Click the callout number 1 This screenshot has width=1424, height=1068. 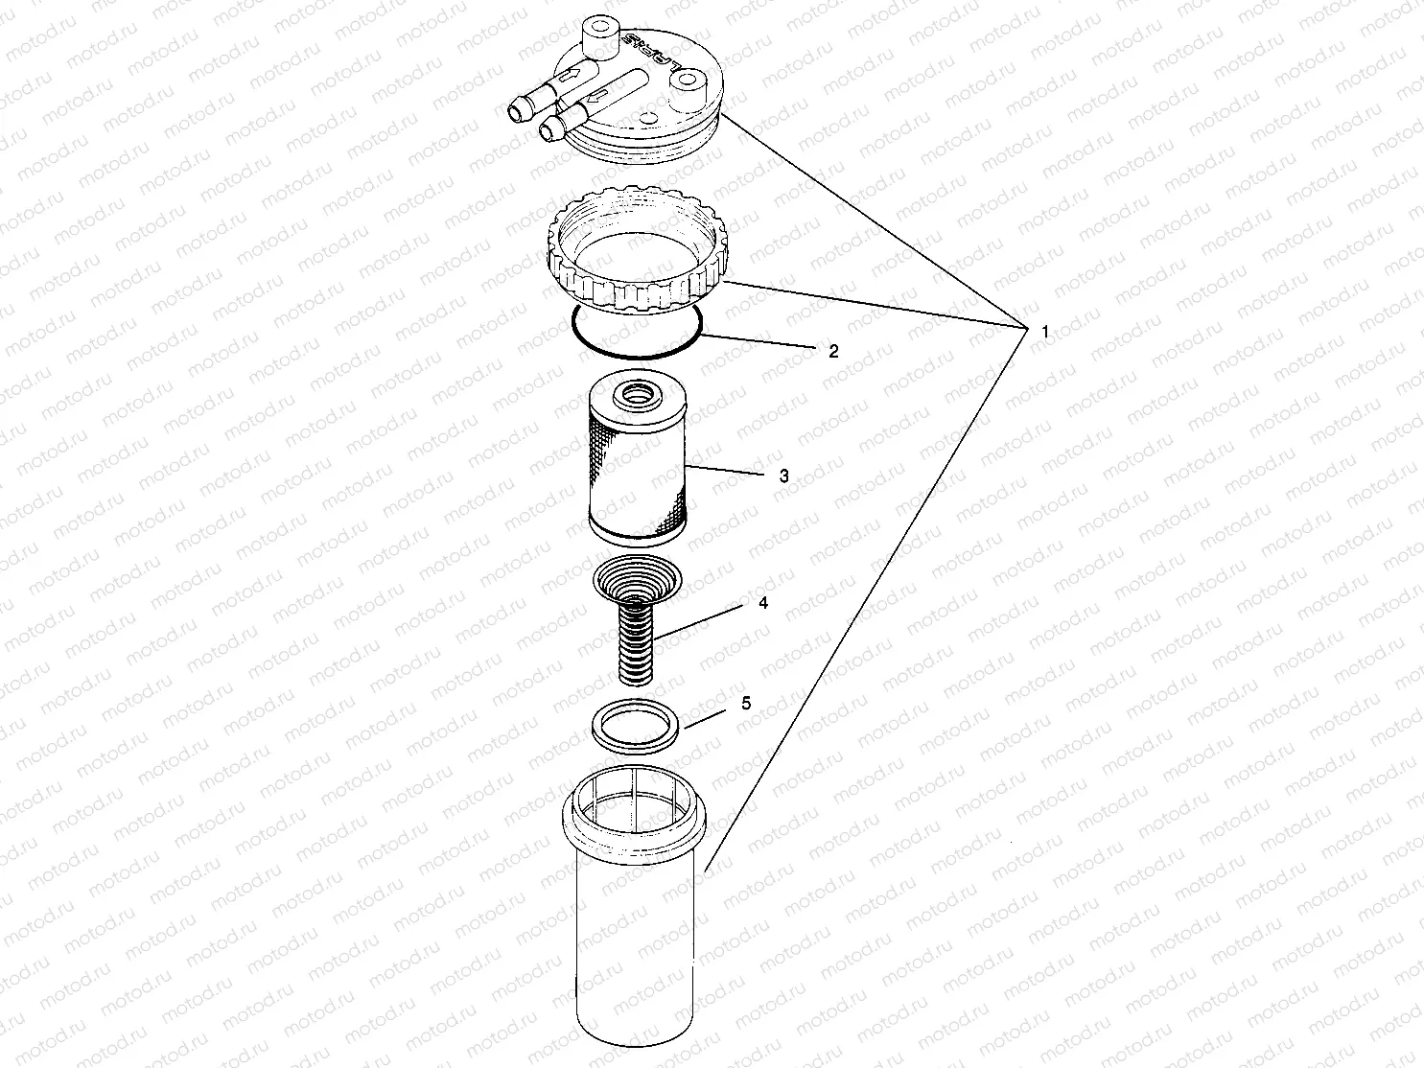point(1044,331)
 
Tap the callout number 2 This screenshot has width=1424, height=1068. point(833,352)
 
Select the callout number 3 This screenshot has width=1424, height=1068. point(783,476)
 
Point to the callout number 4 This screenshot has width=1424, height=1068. point(762,604)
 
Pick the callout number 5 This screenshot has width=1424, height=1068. point(746,704)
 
